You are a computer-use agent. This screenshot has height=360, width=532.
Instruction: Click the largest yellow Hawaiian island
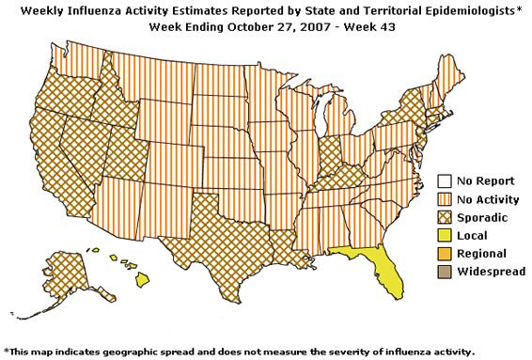[142, 279]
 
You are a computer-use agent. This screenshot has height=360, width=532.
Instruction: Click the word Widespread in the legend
[491, 272]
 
